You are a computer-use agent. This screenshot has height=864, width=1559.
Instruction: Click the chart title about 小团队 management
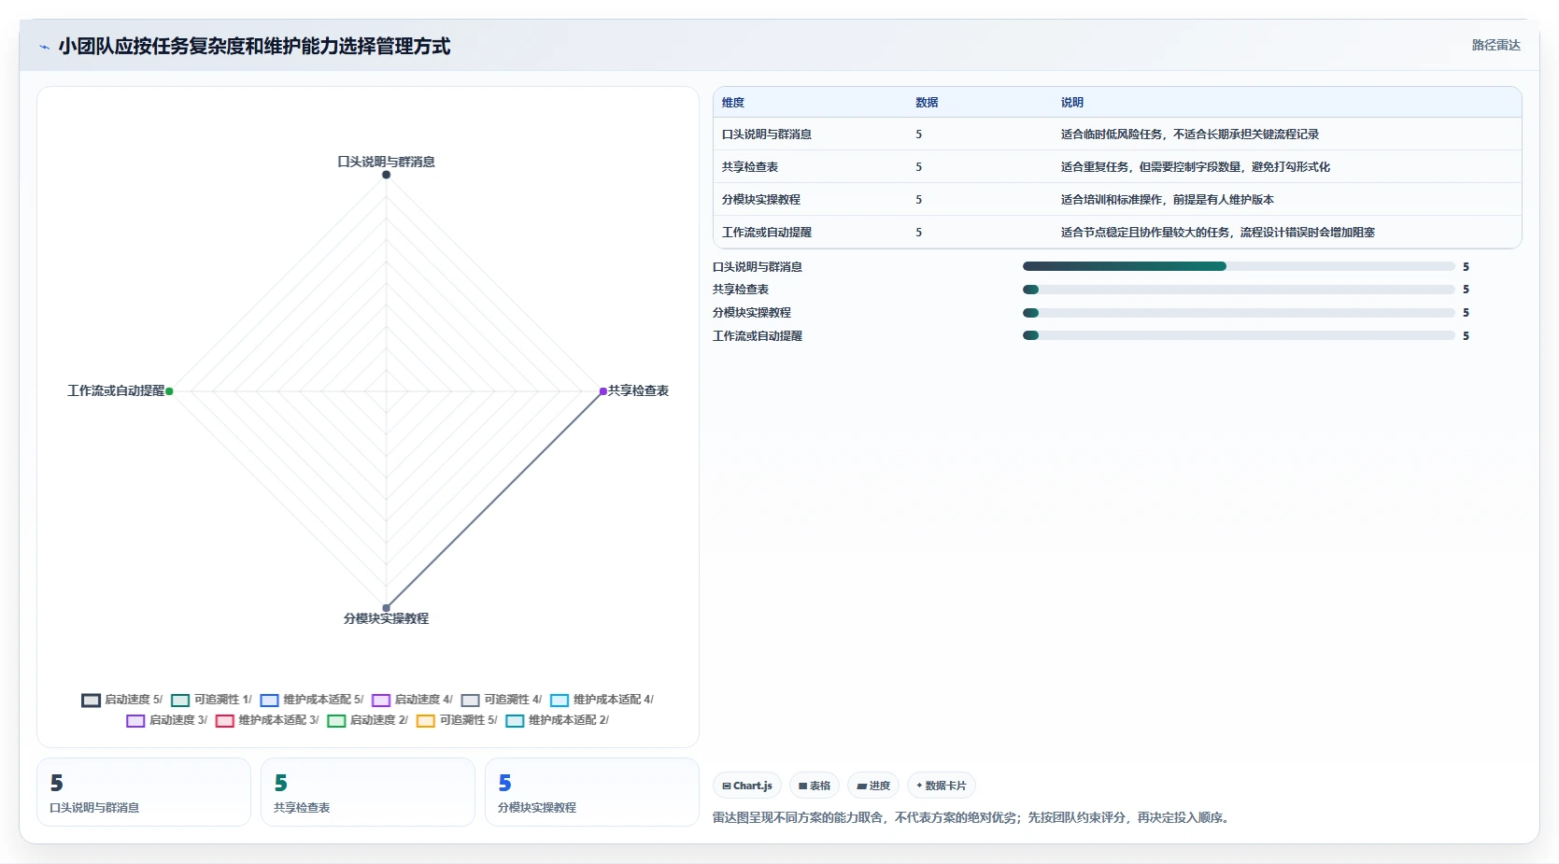(254, 47)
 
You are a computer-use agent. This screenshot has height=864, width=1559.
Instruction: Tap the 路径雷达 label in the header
(1495, 45)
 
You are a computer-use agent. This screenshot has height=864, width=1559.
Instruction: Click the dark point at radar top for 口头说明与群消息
(387, 175)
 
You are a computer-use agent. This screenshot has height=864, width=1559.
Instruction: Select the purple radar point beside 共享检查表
(602, 391)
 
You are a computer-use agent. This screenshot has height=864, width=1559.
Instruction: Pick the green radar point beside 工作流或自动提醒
(169, 391)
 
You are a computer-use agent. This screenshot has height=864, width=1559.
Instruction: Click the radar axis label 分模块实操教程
(387, 618)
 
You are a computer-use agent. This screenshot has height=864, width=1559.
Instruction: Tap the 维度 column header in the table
(733, 103)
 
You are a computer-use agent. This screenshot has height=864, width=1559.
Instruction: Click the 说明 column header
(1071, 103)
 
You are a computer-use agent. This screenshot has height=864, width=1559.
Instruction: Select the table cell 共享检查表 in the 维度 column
(749, 167)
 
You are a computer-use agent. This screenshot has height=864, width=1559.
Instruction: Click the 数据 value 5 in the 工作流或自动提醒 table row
(919, 233)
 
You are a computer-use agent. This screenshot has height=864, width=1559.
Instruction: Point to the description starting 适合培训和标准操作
(1168, 200)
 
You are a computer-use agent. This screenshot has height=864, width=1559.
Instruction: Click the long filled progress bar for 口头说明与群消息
(1124, 266)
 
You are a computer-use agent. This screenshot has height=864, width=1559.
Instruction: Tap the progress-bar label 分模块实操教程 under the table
(752, 313)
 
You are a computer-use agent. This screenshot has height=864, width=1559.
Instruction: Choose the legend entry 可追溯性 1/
(212, 700)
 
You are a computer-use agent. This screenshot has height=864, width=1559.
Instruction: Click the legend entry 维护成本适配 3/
(267, 720)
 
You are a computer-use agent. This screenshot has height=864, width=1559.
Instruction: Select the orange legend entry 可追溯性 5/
(458, 720)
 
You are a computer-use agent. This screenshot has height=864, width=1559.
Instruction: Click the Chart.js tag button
(746, 786)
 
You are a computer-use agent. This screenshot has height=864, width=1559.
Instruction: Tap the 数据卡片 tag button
(941, 786)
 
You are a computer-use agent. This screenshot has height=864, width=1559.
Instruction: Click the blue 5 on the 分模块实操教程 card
(505, 784)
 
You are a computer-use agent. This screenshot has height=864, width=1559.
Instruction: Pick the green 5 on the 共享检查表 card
(281, 784)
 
